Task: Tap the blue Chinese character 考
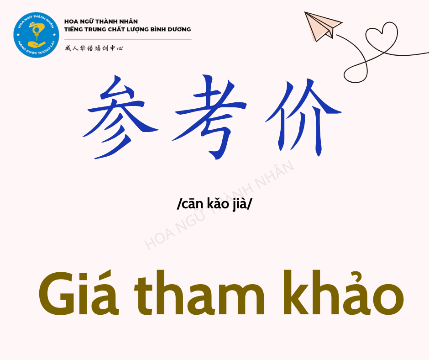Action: click(209, 116)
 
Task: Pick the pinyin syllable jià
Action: click(240, 204)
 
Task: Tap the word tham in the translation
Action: click(199, 292)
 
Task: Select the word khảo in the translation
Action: click(343, 292)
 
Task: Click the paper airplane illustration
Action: click(322, 26)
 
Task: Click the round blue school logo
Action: click(36, 35)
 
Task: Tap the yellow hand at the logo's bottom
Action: click(37, 44)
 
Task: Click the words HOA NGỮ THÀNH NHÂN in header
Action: click(101, 21)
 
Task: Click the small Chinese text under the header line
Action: click(94, 48)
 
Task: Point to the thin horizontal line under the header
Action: click(128, 39)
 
